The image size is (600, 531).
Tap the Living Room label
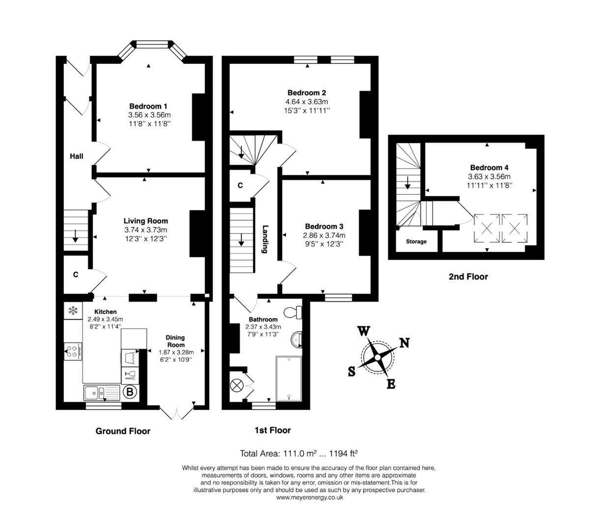145,221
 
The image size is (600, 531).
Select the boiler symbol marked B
130,392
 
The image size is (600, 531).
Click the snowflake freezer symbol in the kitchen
73,311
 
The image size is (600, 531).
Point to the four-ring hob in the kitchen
73,351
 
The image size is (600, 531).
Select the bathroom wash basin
296,339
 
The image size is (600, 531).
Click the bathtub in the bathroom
289,379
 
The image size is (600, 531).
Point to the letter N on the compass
404,343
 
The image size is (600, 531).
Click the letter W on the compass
363,331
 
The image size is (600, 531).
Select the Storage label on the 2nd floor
416,242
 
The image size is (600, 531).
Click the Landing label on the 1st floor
265,239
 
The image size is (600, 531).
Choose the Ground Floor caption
122,431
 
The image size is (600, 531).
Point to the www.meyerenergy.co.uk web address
310,498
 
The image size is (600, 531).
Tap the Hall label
76,156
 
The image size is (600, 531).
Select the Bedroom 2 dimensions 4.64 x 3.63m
307,102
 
